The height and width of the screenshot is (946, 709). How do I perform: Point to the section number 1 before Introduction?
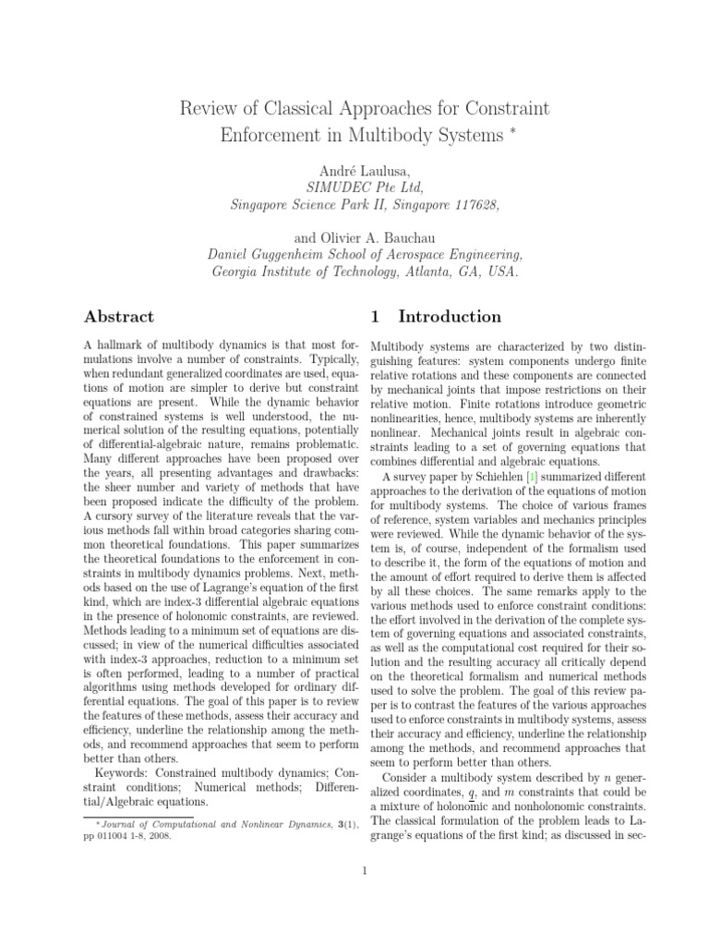coord(375,317)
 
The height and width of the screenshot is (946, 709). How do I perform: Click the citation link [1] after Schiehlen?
coord(505,477)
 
